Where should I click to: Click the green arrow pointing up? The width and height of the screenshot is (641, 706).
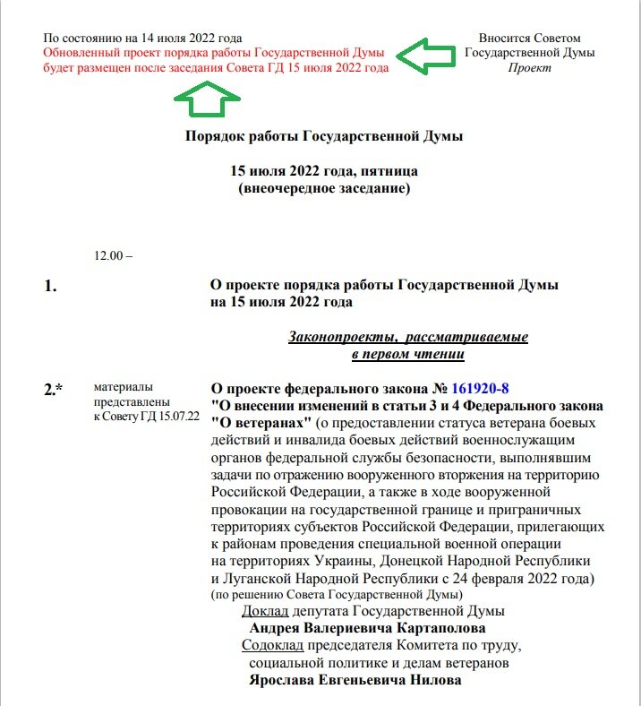[x=207, y=99]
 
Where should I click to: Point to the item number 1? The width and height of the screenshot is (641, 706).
[x=50, y=287]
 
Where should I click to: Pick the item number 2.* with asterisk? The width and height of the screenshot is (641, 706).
[x=54, y=389]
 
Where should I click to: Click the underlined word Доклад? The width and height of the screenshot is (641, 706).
[x=266, y=611]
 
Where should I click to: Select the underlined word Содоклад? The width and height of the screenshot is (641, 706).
[x=273, y=646]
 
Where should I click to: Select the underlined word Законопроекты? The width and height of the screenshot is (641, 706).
[x=344, y=337]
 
